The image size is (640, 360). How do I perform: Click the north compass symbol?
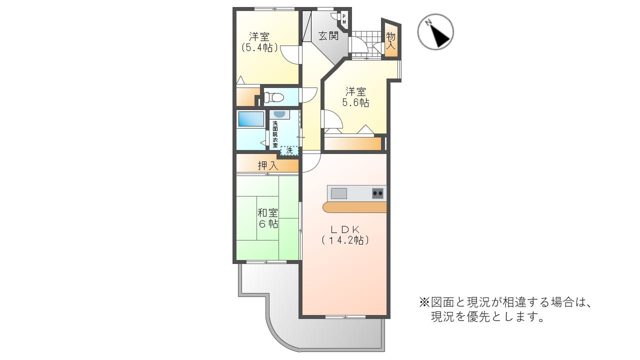click(435, 31)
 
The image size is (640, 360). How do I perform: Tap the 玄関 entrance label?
click(328, 36)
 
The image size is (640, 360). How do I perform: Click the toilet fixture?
click(273, 97)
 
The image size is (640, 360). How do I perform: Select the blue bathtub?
click(251, 119)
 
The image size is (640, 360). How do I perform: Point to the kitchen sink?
click(339, 193)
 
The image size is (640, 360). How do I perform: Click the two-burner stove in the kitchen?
click(377, 193)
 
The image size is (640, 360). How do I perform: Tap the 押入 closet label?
click(267, 165)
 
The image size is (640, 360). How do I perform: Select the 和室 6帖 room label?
click(267, 218)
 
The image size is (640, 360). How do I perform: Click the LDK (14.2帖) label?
click(345, 235)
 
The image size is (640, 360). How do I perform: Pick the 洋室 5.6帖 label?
click(355, 97)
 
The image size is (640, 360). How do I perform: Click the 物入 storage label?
click(390, 41)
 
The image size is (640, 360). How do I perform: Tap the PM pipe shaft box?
click(344, 19)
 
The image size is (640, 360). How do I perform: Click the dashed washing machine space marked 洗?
click(289, 150)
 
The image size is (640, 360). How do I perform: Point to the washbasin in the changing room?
click(279, 114)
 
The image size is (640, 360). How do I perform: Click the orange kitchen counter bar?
click(354, 207)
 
